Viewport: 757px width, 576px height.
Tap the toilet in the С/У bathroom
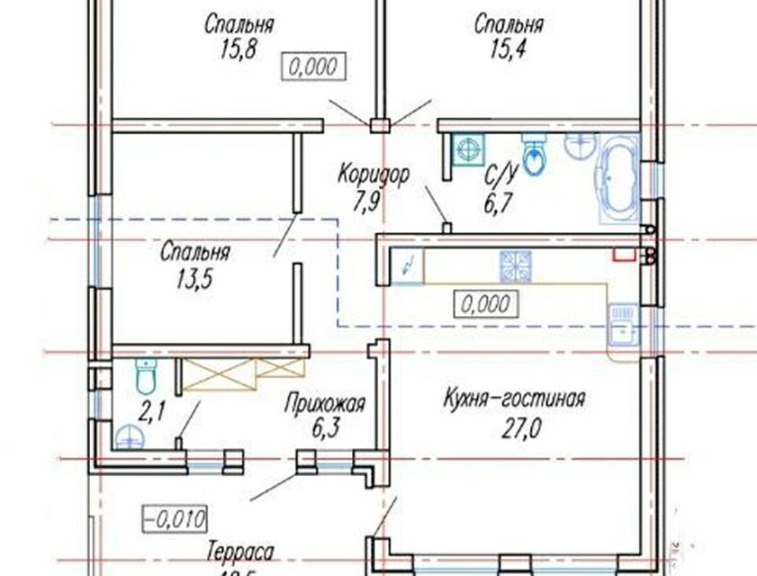(535, 155)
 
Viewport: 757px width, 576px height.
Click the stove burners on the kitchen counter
(516, 265)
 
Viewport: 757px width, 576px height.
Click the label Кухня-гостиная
(515, 398)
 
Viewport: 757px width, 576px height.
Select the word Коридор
(374, 173)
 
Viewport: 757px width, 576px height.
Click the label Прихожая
(325, 404)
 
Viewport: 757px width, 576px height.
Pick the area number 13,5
(194, 278)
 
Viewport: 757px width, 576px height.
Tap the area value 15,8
(238, 49)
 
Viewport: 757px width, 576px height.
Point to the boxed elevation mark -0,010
(176, 518)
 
